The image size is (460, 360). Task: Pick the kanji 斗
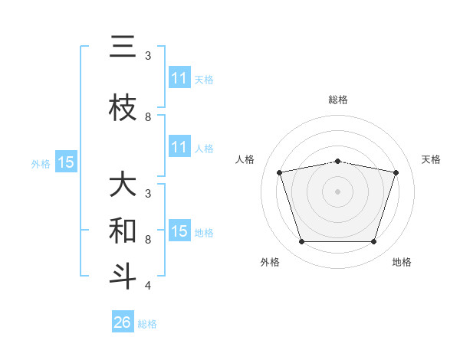(x=123, y=276)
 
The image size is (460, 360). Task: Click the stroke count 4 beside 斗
(x=147, y=286)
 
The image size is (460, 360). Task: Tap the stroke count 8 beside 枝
(x=147, y=117)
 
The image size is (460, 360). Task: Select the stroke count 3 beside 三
(x=147, y=56)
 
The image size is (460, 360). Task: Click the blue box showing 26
(x=123, y=322)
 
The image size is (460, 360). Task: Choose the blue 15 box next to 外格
(x=66, y=162)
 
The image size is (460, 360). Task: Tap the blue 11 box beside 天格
(x=179, y=78)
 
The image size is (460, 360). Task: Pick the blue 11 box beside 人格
(x=179, y=147)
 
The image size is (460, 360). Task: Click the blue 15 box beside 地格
(x=179, y=231)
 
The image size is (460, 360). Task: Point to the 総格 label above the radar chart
(x=338, y=100)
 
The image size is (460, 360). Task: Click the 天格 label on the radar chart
(x=432, y=159)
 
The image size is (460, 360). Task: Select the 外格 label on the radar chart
(x=270, y=262)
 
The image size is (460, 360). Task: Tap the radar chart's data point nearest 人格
(x=280, y=172)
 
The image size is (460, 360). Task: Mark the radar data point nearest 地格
(x=373, y=242)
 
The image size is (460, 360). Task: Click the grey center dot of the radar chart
(x=337, y=191)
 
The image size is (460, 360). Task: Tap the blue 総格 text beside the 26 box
(x=147, y=323)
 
